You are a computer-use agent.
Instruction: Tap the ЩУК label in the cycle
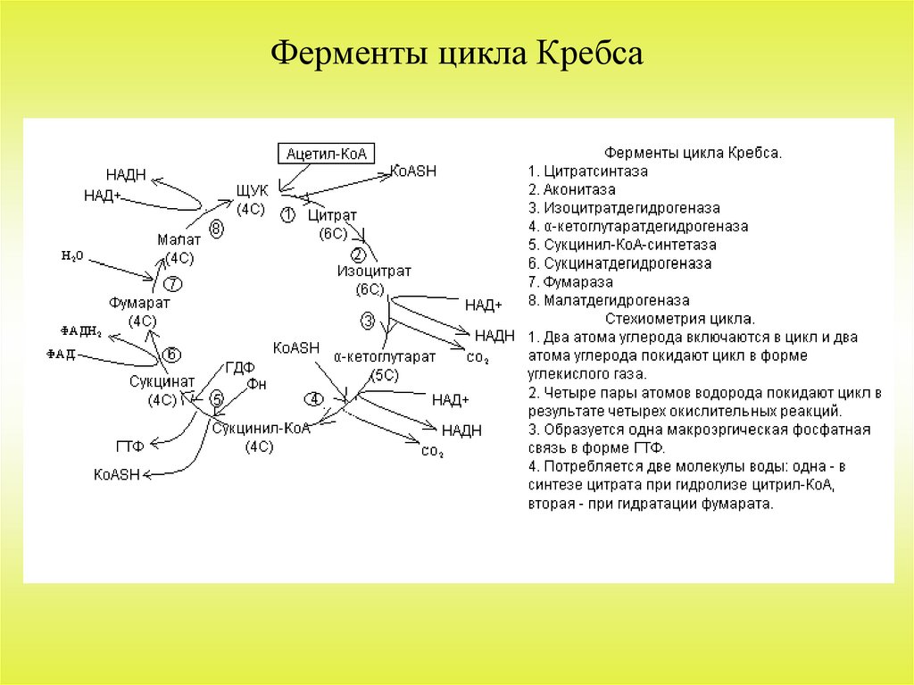[x=252, y=191]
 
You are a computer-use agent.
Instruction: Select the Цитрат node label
[x=332, y=216]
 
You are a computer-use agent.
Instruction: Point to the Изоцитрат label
[x=368, y=271]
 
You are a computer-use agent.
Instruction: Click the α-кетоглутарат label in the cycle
[x=385, y=356]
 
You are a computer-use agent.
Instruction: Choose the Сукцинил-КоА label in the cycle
[x=261, y=428]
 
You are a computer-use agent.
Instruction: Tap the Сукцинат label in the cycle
[x=156, y=382]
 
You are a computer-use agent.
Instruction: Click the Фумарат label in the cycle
[x=139, y=303]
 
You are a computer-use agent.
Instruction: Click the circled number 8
[x=217, y=230]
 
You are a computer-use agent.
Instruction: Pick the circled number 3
[x=368, y=320]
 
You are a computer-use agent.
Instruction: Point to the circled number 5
[x=216, y=398]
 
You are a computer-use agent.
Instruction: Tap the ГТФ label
[x=129, y=444]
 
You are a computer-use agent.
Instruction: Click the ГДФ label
[x=240, y=366]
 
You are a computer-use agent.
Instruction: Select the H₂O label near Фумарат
[x=72, y=255]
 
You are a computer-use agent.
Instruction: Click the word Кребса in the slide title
[x=589, y=54]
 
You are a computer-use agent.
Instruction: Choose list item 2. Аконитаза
[x=571, y=189]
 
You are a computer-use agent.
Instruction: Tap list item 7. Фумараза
[x=569, y=282]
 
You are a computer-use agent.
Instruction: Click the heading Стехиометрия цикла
[x=680, y=319]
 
